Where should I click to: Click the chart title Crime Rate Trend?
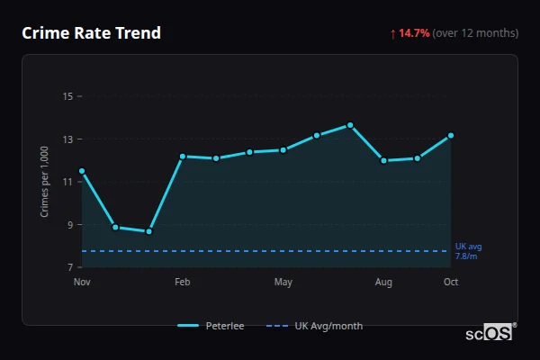point(91,33)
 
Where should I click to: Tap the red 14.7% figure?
point(415,33)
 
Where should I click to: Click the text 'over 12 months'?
point(475,33)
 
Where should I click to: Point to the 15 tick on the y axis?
point(67,96)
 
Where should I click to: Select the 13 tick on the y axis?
point(67,139)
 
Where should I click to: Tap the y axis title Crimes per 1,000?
point(44,183)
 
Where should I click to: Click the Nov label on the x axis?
point(82,283)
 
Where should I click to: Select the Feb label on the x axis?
point(182,283)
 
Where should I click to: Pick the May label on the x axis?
point(283,283)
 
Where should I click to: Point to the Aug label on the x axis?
point(383,283)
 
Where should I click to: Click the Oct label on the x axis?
point(451,283)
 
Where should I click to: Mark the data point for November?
point(82,171)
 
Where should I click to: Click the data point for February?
point(182,157)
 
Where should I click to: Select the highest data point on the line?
point(350,125)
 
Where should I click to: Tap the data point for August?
point(383,161)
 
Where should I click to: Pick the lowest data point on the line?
point(148,231)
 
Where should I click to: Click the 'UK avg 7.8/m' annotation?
point(468,251)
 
